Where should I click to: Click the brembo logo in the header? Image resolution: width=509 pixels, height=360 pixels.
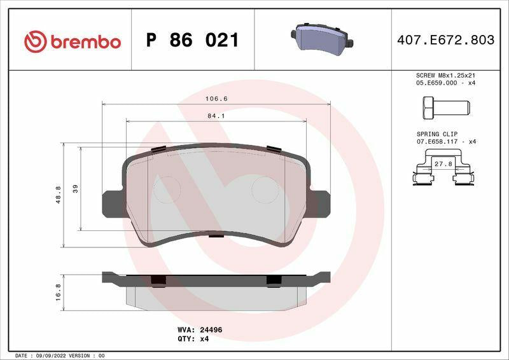(72, 41)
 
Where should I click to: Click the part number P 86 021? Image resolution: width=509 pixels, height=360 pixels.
(192, 41)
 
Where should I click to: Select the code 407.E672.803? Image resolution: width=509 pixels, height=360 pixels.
(445, 41)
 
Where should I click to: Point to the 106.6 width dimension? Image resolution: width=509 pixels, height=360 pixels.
(216, 99)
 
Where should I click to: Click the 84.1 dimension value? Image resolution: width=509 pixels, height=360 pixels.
(216, 116)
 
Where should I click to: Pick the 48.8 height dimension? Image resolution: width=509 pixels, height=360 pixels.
(58, 195)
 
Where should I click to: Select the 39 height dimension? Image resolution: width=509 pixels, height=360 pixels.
(75, 188)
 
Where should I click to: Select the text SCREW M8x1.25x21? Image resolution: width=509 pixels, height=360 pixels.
(445, 75)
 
